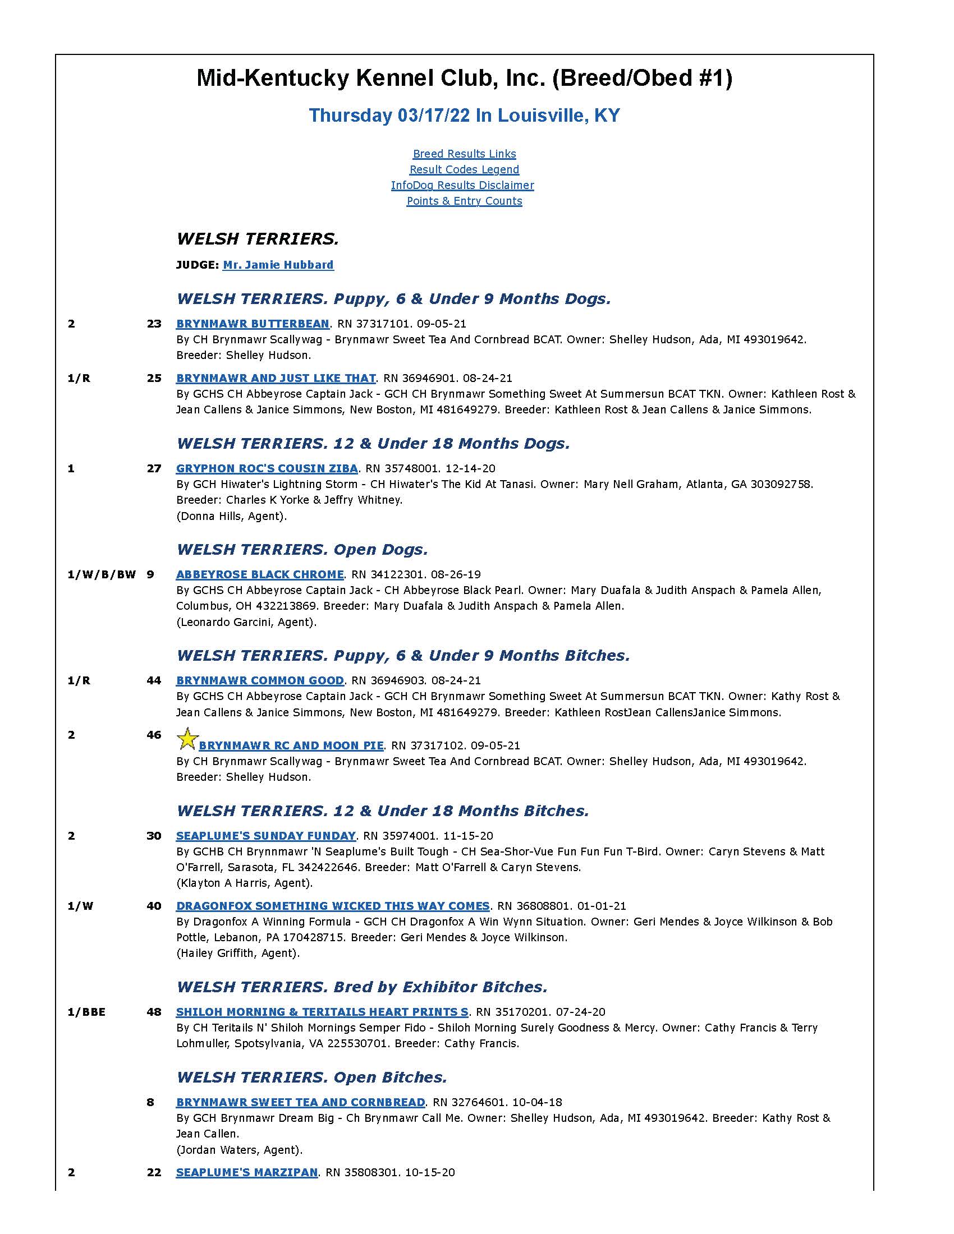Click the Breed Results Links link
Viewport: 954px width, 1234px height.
tap(464, 154)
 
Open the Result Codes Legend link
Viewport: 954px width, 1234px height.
tap(464, 169)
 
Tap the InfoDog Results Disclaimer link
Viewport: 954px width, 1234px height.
tap(462, 185)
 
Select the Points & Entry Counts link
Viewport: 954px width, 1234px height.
tap(464, 201)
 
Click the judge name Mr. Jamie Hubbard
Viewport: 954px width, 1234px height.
tap(278, 265)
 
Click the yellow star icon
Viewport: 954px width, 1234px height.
tap(187, 739)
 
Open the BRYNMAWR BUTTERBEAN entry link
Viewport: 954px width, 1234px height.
tap(253, 324)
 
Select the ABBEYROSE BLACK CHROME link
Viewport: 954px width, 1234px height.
tap(260, 574)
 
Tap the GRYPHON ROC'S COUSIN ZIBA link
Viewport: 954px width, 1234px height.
tap(267, 468)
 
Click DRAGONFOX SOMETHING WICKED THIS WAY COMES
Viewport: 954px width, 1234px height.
tap(333, 906)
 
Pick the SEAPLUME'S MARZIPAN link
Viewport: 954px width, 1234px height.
tap(247, 1172)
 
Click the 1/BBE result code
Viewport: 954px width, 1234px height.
tap(86, 1012)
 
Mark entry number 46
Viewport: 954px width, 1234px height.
tap(154, 735)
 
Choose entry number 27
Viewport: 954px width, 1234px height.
tap(154, 468)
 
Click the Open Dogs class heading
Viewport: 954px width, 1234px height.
tap(302, 550)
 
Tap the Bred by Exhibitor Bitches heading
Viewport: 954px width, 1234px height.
tap(362, 987)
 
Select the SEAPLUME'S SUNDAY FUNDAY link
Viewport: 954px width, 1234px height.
tap(265, 836)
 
